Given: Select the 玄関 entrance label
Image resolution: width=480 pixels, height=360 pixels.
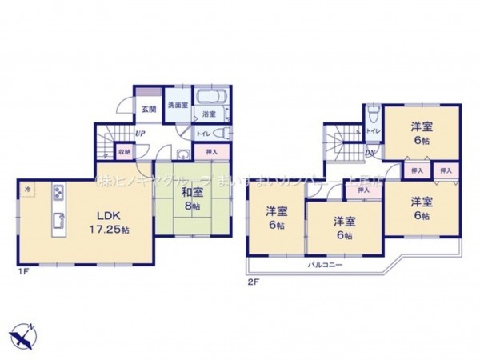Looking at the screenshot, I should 149,110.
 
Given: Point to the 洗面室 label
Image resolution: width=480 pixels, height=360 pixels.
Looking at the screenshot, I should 177,106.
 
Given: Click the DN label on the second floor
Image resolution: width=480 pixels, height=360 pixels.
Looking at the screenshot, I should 369,153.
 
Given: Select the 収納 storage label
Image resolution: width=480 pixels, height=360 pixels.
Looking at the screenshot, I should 124,150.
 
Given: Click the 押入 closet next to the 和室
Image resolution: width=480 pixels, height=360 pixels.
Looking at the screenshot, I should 211,150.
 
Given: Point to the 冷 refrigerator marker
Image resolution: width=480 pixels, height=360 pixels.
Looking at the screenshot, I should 28,190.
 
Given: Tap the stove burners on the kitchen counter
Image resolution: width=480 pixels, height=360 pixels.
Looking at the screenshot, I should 59,193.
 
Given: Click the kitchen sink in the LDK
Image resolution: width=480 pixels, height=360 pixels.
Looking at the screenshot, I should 58,222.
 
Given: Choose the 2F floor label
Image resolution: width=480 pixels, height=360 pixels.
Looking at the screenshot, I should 252,281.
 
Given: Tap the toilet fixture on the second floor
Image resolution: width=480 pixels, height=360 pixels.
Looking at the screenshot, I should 374,114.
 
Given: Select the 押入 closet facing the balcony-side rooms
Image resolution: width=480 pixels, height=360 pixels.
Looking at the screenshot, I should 363,190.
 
